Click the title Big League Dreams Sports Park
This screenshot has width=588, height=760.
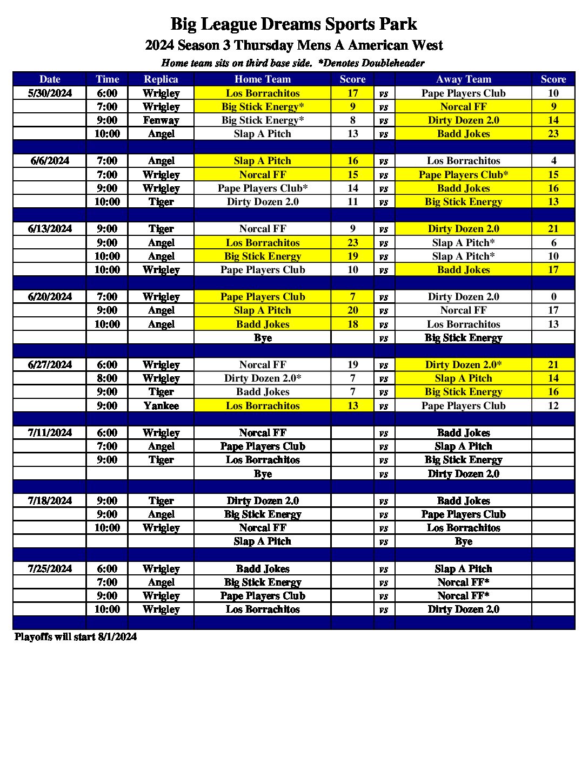293,24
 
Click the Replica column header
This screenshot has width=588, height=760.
161,79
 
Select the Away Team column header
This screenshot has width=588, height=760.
463,79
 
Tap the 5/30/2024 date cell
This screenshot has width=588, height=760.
50,93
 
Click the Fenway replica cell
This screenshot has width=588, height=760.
161,120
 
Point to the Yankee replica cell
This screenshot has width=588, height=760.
161,406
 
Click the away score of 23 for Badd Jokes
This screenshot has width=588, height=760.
553,134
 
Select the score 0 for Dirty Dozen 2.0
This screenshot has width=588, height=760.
553,297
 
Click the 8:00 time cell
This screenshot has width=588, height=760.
107,378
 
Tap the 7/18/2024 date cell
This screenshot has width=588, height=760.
50,501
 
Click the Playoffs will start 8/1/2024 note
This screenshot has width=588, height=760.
76,637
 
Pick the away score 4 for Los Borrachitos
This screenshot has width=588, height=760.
553,161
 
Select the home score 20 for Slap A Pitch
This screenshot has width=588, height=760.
352,310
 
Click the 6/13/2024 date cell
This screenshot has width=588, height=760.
50,229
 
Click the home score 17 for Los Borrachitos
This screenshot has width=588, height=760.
352,93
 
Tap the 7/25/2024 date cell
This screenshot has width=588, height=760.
50,569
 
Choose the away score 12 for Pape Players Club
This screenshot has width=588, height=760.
553,406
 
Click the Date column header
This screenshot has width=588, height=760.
50,79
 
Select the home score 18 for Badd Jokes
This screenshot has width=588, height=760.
352,324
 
